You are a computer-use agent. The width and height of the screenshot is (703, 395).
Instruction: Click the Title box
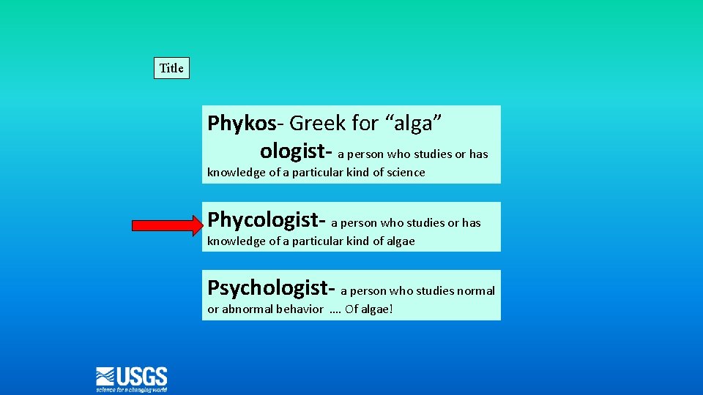171,68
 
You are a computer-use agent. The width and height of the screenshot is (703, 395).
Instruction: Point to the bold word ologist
293,151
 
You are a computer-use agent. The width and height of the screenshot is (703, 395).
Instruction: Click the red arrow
167,225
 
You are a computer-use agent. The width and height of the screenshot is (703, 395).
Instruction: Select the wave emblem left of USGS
106,377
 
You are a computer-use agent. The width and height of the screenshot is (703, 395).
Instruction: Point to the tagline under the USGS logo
132,390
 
